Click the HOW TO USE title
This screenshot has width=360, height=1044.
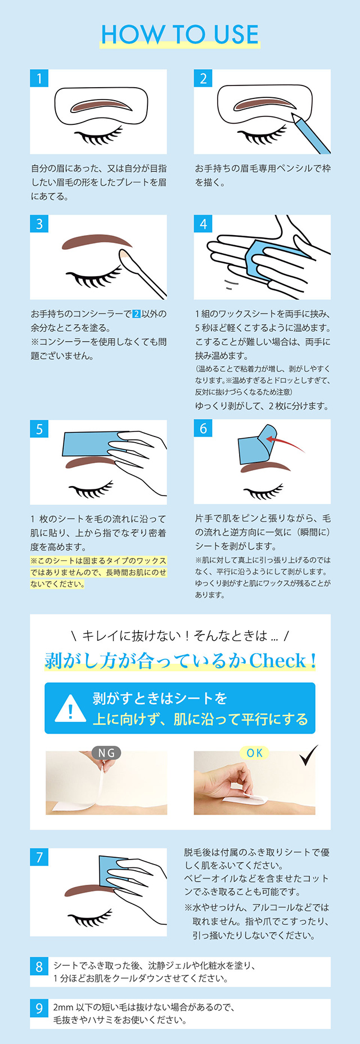coord(180,34)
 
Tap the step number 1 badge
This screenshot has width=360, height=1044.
coord(39,78)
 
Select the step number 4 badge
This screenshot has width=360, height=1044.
coord(203,224)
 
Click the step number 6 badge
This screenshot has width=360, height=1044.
coord(203,429)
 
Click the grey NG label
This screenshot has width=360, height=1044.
coord(106,753)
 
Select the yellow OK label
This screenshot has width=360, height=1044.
coord(254,753)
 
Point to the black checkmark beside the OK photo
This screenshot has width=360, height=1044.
coord(309,755)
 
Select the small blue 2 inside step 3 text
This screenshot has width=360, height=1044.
coord(136,314)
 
